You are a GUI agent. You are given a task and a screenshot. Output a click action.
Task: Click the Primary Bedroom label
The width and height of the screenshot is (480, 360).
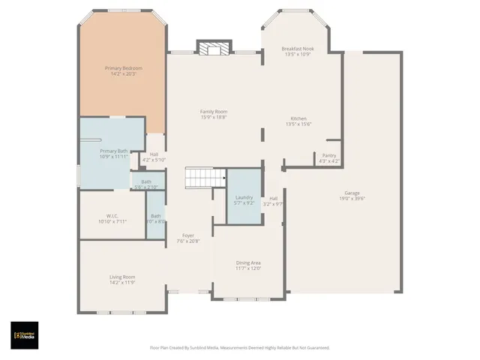pos(123,68)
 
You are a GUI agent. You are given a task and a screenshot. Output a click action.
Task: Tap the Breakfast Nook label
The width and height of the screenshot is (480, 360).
pos(298,49)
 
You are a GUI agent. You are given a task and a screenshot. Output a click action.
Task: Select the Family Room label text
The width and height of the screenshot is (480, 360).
pos(214,112)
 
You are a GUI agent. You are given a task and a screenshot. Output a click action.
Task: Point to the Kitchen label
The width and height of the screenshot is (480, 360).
pos(298,118)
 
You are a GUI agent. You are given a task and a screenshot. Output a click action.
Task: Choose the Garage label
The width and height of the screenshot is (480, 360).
pos(352,193)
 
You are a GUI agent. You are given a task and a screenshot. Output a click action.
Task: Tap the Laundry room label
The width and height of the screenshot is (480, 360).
pos(244,197)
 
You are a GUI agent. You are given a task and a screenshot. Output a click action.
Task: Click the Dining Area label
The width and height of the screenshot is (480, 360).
pos(248,262)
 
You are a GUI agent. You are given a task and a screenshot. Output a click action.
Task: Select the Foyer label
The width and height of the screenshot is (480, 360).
pos(188,235)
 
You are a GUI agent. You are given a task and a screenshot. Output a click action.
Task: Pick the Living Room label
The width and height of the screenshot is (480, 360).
pos(121,277)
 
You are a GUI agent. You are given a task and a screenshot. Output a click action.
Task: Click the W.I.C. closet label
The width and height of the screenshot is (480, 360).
pos(112,216)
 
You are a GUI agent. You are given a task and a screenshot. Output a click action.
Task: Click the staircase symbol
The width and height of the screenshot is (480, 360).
pos(205,178)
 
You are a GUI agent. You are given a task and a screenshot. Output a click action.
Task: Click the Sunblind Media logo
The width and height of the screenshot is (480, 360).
pos(25,335)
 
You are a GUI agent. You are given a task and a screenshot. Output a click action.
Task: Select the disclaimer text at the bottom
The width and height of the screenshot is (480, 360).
pos(239,347)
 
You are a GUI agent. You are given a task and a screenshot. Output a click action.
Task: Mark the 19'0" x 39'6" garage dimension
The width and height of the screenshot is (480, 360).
pos(352,198)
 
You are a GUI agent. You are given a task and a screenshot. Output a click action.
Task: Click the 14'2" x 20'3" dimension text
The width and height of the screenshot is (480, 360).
pos(123,73)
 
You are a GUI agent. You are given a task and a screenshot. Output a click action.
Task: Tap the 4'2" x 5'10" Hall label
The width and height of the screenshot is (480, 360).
pos(154,157)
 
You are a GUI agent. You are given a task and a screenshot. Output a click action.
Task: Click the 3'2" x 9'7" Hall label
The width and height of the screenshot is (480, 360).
pos(274,201)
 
